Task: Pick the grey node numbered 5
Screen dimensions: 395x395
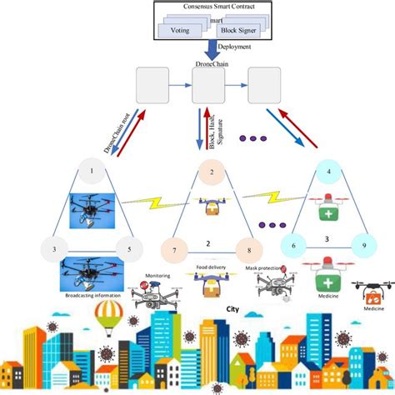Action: coord(129,249)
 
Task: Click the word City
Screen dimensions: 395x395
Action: coord(245,306)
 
